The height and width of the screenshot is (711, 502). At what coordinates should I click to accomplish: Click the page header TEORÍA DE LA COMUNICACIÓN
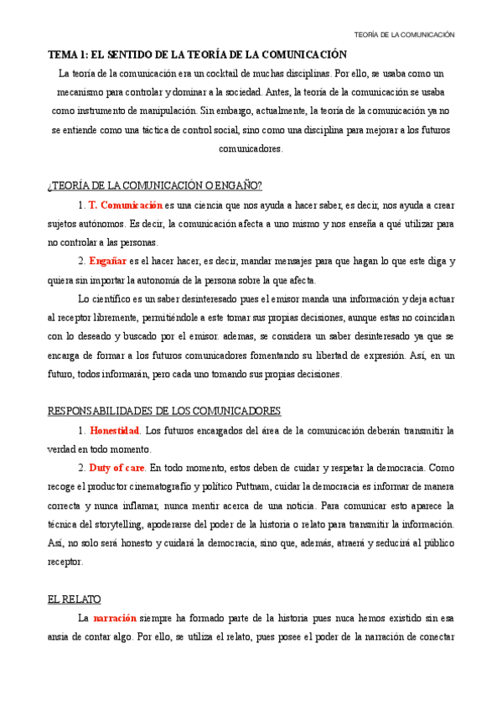point(405,34)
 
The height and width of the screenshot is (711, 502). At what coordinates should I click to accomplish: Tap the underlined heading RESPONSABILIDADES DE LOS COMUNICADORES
point(163,411)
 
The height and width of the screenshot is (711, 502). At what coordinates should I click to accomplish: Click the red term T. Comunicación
point(125,205)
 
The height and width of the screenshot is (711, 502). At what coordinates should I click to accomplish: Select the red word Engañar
point(107,261)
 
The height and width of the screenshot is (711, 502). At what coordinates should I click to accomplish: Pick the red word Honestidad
point(115,430)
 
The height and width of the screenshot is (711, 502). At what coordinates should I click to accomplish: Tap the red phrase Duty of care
point(117,468)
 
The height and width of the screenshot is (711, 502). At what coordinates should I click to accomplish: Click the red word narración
point(115,618)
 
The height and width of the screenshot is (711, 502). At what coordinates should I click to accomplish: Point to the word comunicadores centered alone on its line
point(251,148)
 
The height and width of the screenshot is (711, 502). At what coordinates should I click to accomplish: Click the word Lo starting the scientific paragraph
point(83,298)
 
